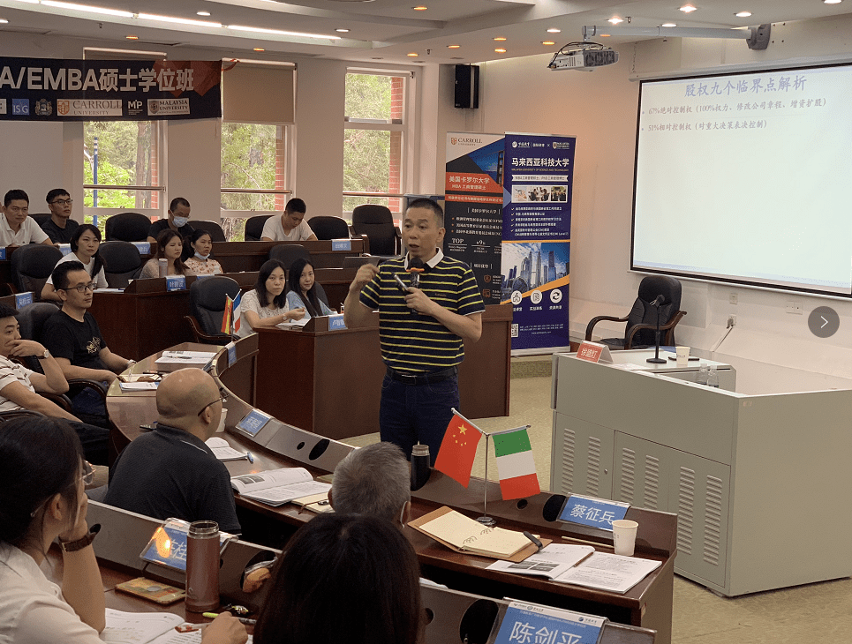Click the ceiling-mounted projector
583,58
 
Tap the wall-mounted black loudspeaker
466,86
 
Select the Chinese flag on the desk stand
458,450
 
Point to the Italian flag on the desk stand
516,463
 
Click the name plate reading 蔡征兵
593,513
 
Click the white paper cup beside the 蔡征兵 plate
624,536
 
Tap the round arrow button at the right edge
823,322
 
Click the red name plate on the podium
590,352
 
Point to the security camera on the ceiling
757,36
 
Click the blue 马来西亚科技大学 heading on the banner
538,162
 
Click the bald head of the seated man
187,393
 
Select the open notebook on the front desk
473,534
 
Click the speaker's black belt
421,375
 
